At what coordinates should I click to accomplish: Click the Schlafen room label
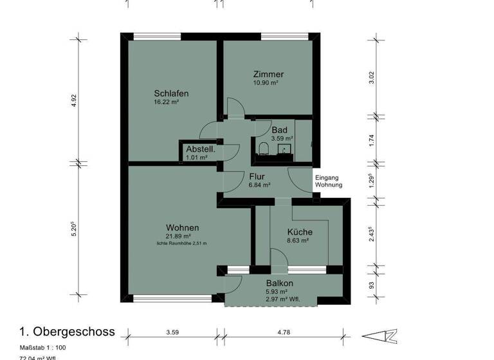171,93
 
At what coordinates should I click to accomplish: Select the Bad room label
279,130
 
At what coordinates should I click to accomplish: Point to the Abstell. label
199,148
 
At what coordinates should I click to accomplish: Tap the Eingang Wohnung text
328,181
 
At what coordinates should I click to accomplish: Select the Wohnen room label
182,228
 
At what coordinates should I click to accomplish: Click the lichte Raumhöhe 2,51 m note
182,244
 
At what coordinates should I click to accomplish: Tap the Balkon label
280,283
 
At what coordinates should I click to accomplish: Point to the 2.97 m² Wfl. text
282,300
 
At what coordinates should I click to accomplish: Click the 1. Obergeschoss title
67,332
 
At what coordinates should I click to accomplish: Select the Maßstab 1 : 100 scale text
42,348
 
